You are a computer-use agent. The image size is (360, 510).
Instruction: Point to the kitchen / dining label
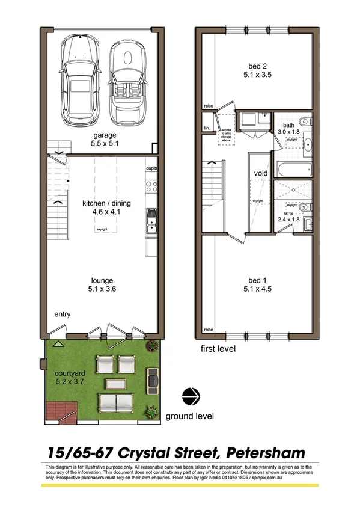(106, 203)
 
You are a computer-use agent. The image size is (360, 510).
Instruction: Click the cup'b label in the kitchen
(151, 169)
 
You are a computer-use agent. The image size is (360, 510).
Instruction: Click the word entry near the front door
(63, 315)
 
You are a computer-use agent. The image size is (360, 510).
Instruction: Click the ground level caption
(189, 416)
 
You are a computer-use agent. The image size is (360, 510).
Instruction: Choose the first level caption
(218, 349)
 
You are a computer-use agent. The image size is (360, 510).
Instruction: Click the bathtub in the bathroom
(291, 167)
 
